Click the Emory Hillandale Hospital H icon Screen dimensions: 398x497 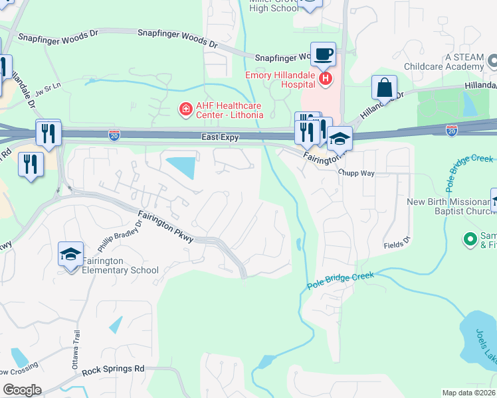click(326, 80)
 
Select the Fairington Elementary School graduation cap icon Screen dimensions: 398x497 click(71, 255)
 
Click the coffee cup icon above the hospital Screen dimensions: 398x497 click(323, 54)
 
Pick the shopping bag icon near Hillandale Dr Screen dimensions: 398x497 click(384, 88)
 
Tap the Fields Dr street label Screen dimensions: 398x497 click(398, 245)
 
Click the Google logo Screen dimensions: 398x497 click(22, 390)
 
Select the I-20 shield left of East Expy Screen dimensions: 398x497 click(114, 135)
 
